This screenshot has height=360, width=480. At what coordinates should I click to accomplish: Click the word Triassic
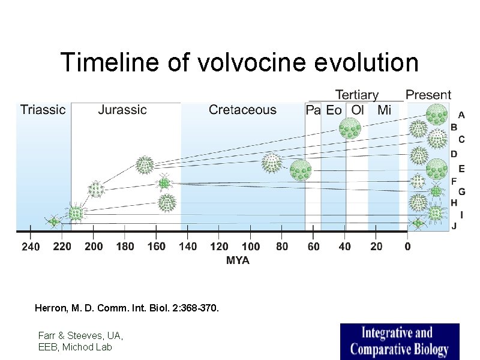[43, 110]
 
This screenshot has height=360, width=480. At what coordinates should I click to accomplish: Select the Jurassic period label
[122, 110]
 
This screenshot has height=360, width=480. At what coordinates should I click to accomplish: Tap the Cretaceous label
[242, 110]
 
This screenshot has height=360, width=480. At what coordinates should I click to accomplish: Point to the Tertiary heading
[356, 95]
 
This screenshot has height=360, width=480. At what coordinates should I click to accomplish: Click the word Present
[428, 95]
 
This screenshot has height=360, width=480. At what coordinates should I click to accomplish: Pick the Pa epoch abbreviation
[313, 110]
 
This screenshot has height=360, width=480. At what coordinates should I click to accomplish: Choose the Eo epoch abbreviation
[334, 110]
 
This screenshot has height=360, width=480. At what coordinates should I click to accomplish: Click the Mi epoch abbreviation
[384, 110]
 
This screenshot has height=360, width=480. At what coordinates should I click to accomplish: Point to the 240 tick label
[31, 247]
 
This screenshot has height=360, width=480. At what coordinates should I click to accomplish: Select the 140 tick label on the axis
[188, 247]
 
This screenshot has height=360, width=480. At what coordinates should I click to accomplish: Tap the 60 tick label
[313, 247]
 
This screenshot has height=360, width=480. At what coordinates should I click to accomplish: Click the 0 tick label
[407, 247]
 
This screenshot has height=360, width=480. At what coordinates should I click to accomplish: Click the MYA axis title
[238, 260]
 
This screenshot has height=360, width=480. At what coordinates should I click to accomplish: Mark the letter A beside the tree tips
[461, 114]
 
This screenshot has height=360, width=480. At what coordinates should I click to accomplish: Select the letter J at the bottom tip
[454, 226]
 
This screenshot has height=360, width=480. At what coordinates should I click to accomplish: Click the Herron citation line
[127, 308]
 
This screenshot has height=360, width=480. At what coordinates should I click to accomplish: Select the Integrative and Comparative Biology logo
[399, 341]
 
